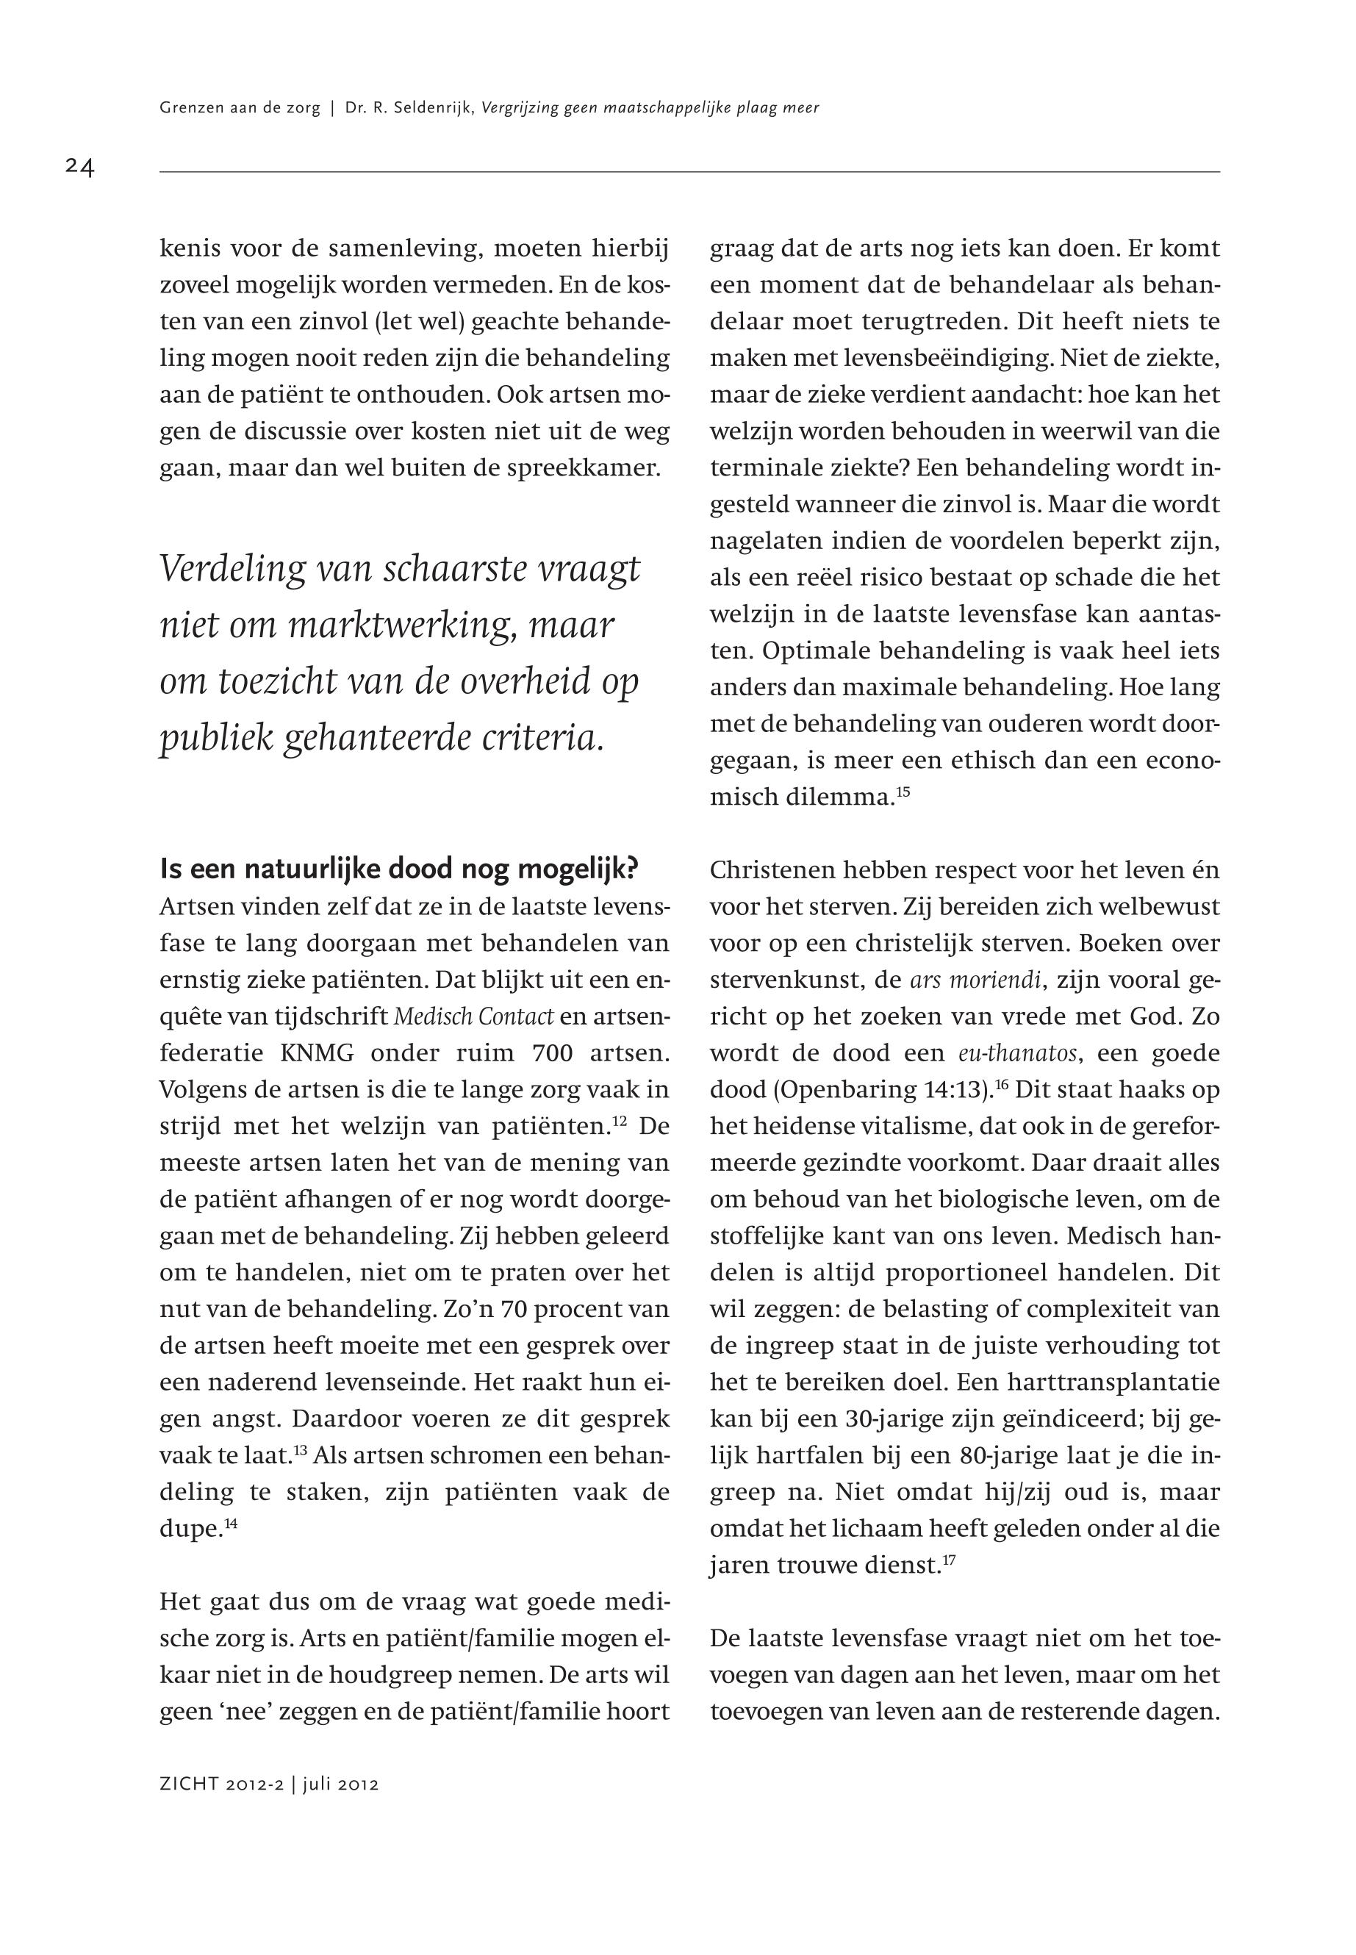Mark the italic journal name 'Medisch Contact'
pyautogui.click(x=474, y=1016)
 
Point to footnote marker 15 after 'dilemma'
pyautogui.click(x=903, y=792)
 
